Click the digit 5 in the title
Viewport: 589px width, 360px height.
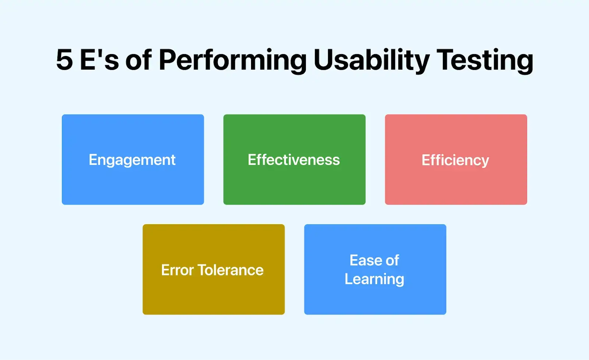pyautogui.click(x=64, y=60)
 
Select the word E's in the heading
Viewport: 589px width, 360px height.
pyautogui.click(x=99, y=60)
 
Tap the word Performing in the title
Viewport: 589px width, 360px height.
pyautogui.click(x=232, y=60)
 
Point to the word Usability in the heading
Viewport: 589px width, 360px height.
pyautogui.click(x=371, y=60)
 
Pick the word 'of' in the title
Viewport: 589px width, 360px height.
pyautogui.click(x=138, y=60)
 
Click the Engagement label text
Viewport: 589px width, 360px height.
pyautogui.click(x=132, y=160)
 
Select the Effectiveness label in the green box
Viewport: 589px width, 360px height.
pyautogui.click(x=294, y=160)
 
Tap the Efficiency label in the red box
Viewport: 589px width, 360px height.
pyautogui.click(x=455, y=160)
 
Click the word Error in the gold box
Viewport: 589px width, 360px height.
pyautogui.click(x=177, y=270)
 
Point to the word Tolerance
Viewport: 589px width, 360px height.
pyautogui.click(x=231, y=270)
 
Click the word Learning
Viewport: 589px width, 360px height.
pyautogui.click(x=374, y=279)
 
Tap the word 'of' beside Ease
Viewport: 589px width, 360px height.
pyautogui.click(x=392, y=261)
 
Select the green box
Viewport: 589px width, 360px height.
pyautogui.click(x=294, y=184)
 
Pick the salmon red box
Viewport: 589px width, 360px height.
pyautogui.click(x=456, y=184)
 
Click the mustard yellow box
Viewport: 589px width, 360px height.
pyautogui.click(x=214, y=294)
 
